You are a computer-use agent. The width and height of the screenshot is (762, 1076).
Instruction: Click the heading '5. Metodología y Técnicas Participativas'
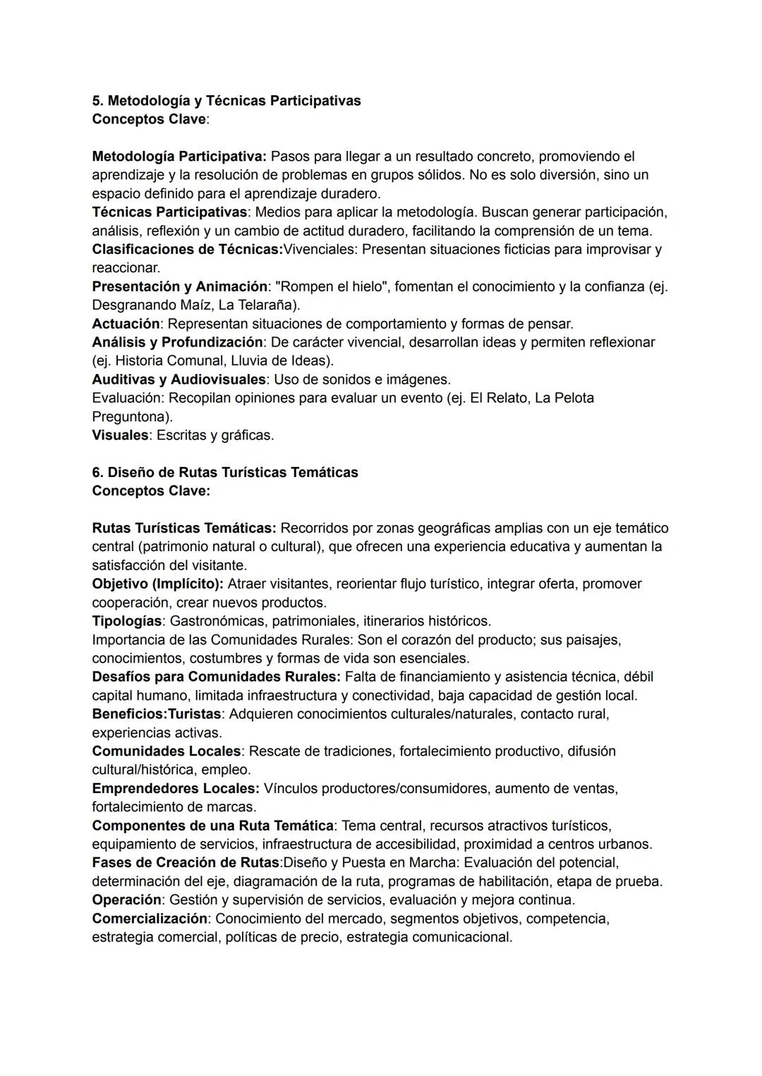[x=226, y=101]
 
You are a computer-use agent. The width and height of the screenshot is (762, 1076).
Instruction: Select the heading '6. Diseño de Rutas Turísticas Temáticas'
[x=224, y=473]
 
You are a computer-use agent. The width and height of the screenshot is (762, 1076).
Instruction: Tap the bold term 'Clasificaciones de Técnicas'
[x=186, y=250]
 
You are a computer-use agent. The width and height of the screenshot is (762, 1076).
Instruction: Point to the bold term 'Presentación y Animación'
[x=179, y=287]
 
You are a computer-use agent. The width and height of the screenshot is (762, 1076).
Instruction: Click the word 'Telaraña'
[x=266, y=306]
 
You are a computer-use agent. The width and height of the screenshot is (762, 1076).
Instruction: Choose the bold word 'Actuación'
[x=126, y=324]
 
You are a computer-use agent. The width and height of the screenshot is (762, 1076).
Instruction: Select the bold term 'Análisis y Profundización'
[x=176, y=342]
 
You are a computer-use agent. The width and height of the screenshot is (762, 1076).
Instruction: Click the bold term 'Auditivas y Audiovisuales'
[x=179, y=380]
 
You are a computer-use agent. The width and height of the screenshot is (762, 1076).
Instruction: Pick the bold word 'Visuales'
[x=120, y=435]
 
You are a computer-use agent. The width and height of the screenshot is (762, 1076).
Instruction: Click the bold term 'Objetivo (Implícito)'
[x=157, y=584]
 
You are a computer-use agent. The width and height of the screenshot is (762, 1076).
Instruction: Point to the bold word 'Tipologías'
[x=126, y=622]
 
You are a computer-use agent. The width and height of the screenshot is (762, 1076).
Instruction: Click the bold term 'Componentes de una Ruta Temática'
[x=212, y=826]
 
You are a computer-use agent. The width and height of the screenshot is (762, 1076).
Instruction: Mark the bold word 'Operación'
[x=126, y=900]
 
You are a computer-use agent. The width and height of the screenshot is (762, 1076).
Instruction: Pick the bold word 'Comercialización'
[x=150, y=919]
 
